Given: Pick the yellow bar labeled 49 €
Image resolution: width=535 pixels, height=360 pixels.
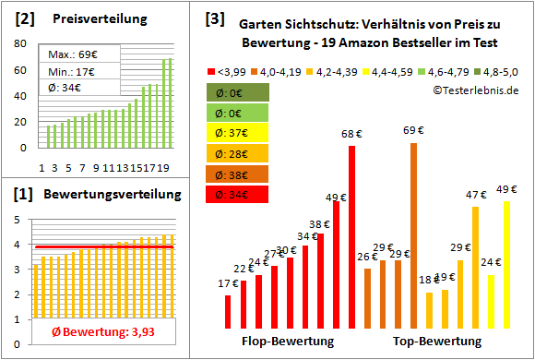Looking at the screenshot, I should (x=506, y=264).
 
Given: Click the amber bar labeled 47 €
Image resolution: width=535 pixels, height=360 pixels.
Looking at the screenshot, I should (x=475, y=267).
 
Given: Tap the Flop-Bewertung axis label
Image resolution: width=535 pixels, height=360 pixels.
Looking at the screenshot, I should (x=288, y=341).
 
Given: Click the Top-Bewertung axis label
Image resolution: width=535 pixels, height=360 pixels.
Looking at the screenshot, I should (x=437, y=341).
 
